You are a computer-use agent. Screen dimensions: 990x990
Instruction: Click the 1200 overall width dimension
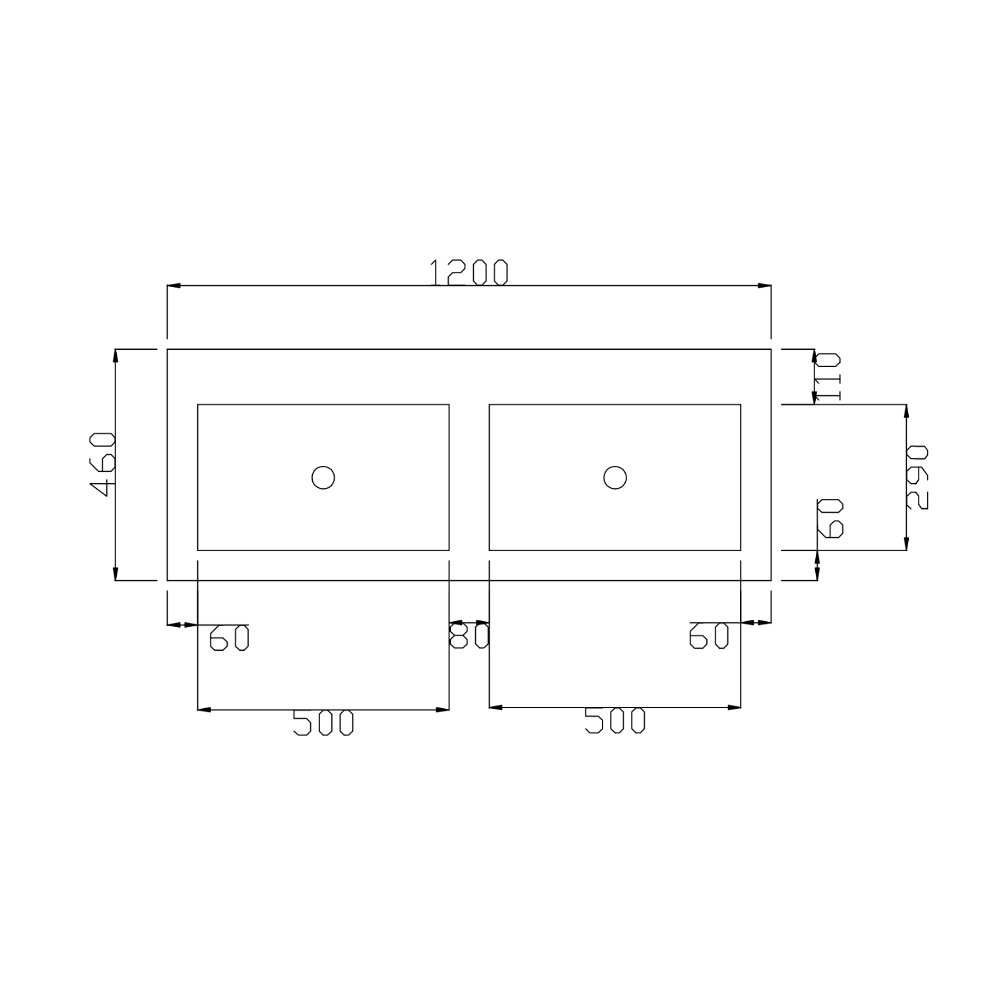(469, 273)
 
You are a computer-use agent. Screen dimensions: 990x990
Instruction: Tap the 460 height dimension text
(103, 465)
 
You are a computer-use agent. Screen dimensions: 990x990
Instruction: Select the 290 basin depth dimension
(917, 477)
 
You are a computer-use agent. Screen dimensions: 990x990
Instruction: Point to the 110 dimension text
(828, 377)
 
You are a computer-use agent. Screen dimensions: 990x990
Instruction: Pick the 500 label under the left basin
(323, 723)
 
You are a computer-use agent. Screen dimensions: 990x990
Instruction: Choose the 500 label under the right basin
(614, 721)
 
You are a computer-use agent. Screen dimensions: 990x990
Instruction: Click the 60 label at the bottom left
(229, 638)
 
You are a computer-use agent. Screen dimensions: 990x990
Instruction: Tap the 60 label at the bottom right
(709, 636)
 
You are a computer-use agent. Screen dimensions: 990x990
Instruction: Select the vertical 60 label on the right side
(831, 518)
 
